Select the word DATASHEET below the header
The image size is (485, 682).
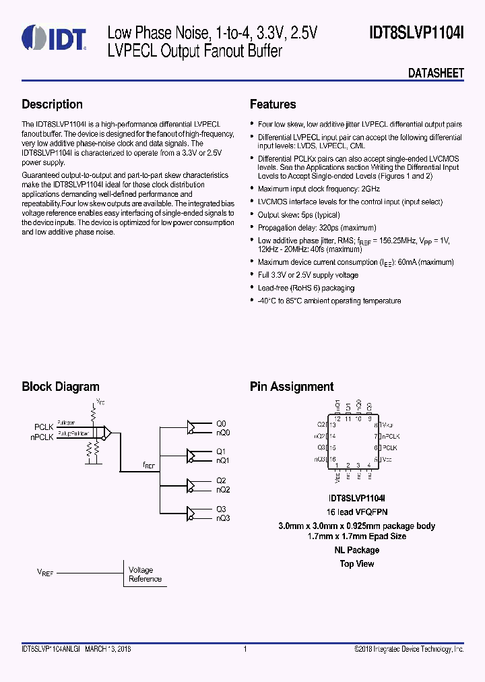pos(436,73)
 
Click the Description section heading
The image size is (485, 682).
pos(52,104)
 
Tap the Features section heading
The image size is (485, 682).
pos(273,104)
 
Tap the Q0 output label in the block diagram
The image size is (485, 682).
pos(221,423)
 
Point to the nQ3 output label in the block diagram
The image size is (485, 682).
pos(223,518)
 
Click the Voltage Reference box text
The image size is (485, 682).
pos(145,574)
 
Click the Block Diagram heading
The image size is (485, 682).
pos(61,387)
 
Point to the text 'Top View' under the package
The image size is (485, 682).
pos(356,564)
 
